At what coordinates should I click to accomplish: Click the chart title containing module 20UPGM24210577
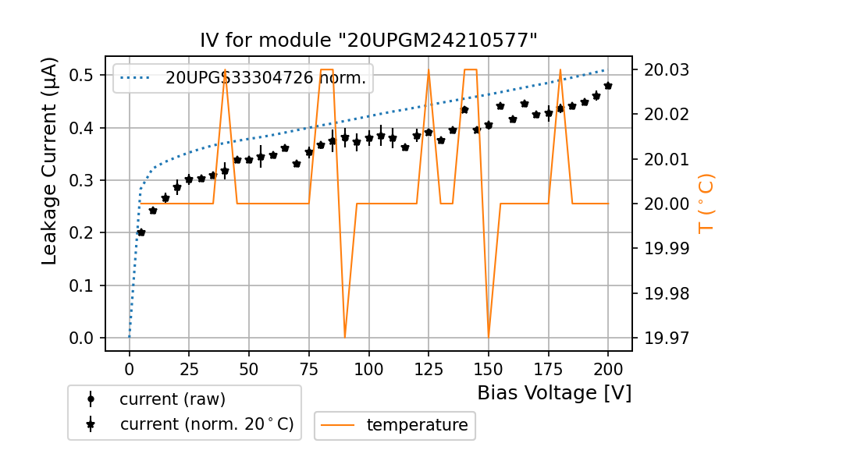(x=368, y=41)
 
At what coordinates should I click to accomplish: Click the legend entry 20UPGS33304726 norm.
(x=265, y=77)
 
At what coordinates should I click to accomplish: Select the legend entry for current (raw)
(x=172, y=399)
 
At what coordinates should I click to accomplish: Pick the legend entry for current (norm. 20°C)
(x=206, y=424)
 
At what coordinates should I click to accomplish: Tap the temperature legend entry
(x=417, y=425)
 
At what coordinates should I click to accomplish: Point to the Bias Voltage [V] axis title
(x=554, y=392)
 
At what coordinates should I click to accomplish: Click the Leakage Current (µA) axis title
(x=49, y=161)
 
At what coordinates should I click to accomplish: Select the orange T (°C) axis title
(x=706, y=203)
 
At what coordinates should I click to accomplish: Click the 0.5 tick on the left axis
(x=82, y=76)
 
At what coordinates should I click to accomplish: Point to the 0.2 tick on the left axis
(x=82, y=233)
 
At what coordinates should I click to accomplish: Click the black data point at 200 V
(x=608, y=86)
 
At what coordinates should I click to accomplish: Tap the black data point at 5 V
(x=141, y=232)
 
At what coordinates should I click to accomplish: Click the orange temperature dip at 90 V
(x=345, y=337)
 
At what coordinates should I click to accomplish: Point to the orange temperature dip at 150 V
(x=489, y=337)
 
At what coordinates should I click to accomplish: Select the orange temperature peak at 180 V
(x=560, y=70)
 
